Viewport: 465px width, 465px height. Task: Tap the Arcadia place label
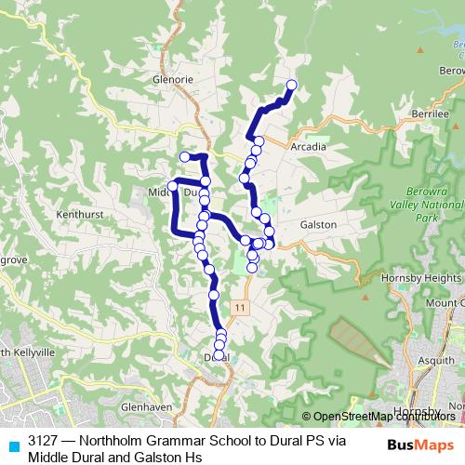click(x=308, y=147)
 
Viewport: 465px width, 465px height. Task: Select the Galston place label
click(x=318, y=224)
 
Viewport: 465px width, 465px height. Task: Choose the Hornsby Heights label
click(x=421, y=278)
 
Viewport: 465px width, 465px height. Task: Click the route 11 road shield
click(x=241, y=307)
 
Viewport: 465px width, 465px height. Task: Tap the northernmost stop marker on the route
click(x=291, y=86)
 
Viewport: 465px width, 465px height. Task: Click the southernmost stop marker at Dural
click(x=219, y=355)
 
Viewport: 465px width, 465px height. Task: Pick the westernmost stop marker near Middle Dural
click(x=172, y=187)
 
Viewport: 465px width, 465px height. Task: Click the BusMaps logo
click(x=419, y=444)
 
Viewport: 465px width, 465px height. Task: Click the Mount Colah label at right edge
click(x=445, y=303)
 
